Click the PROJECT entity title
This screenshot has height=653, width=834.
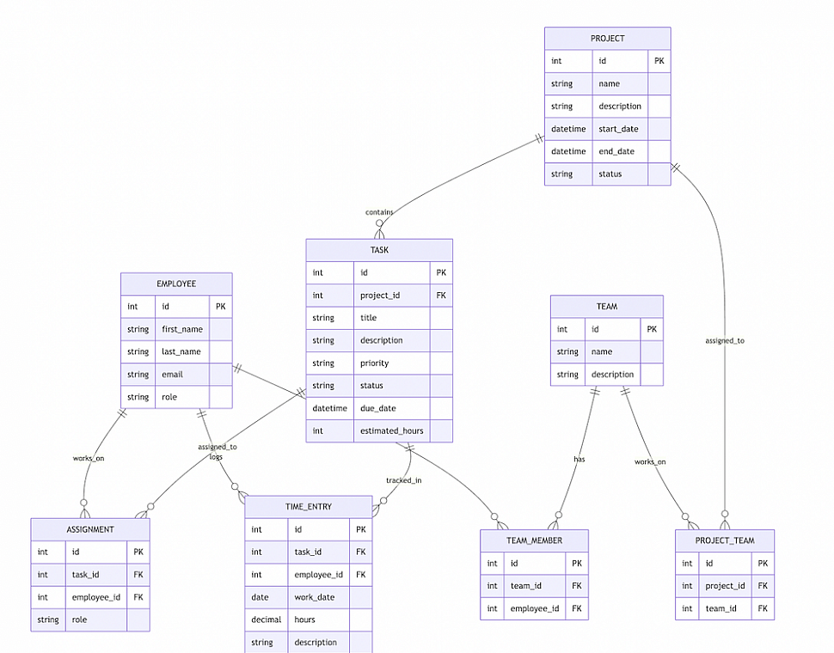[607, 39]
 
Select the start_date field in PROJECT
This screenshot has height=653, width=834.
[618, 129]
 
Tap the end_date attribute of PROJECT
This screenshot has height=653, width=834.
[616, 151]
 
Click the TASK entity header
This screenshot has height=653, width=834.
[379, 250]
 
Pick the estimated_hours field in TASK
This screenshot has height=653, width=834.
[391, 430]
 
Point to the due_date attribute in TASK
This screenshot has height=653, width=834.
[377, 408]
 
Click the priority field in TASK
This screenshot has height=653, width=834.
[374, 363]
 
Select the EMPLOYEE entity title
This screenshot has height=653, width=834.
[176, 284]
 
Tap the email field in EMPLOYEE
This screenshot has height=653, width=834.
[172, 375]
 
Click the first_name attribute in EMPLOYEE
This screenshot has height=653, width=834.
[182, 329]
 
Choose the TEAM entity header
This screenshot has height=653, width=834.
[606, 306]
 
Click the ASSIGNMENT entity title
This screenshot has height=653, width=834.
[90, 529]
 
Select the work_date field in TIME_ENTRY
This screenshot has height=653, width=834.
[316, 597]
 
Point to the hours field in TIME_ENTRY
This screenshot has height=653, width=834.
[304, 619]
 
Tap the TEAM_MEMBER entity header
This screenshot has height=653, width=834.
[534, 540]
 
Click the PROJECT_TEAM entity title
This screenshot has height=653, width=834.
[725, 540]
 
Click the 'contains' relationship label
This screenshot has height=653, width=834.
[379, 212]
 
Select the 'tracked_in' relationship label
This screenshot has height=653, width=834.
[403, 480]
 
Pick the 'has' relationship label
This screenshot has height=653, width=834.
[580, 459]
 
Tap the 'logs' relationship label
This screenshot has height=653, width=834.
[216, 457]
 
